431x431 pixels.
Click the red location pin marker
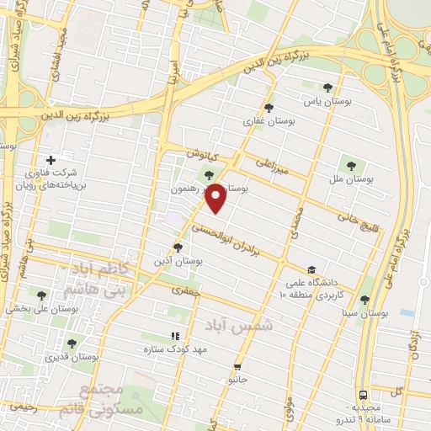pos(216,198)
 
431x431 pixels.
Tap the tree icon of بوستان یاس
pos(327,88)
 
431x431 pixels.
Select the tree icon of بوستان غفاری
pos(269,108)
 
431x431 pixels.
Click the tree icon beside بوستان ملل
pos(351,165)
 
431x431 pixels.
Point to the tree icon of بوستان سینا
pos(364,300)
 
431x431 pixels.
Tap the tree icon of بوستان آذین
pos(177,247)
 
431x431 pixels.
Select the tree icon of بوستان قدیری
pos(71,343)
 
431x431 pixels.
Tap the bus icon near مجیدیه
pos(363,394)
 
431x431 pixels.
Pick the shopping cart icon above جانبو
pos(238,367)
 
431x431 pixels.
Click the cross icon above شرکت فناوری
pos(51,160)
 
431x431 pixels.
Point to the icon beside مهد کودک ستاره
pos(175,336)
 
